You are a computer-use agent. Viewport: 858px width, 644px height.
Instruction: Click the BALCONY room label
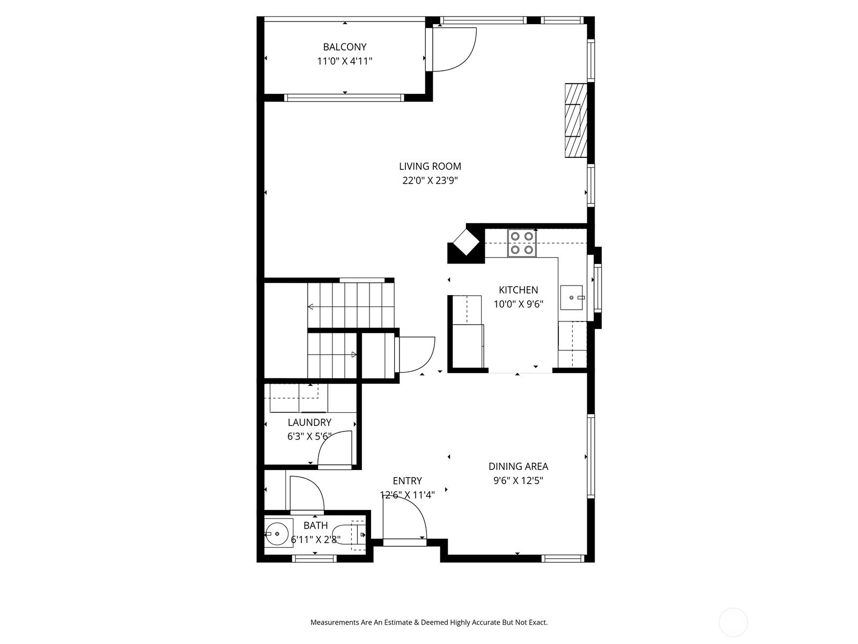click(344, 47)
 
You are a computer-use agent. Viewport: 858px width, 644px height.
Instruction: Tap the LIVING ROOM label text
click(430, 166)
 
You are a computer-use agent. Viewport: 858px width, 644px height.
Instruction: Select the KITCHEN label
click(519, 290)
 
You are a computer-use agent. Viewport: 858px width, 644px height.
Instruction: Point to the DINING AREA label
click(519, 466)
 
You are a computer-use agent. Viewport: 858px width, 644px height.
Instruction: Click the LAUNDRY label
click(309, 422)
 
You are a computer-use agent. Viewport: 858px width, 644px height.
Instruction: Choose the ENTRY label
click(408, 480)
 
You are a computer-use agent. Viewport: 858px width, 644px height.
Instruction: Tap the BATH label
click(316, 525)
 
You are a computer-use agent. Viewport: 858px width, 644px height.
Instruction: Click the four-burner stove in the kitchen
click(522, 243)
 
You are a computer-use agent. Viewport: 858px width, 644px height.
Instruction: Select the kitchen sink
click(572, 297)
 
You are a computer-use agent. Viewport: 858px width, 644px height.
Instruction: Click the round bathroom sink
click(277, 534)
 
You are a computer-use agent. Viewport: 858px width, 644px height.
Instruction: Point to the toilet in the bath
click(349, 535)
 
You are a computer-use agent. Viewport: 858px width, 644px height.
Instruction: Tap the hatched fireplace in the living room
click(576, 120)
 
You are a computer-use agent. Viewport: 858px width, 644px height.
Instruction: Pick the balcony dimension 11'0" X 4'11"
click(344, 61)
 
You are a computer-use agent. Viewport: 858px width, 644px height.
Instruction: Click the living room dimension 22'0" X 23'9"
click(430, 181)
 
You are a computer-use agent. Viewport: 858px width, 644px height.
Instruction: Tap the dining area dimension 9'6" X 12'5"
click(519, 480)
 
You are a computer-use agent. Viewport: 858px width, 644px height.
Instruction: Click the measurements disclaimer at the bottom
click(429, 622)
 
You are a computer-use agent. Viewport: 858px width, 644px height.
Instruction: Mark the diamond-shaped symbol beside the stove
click(467, 243)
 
